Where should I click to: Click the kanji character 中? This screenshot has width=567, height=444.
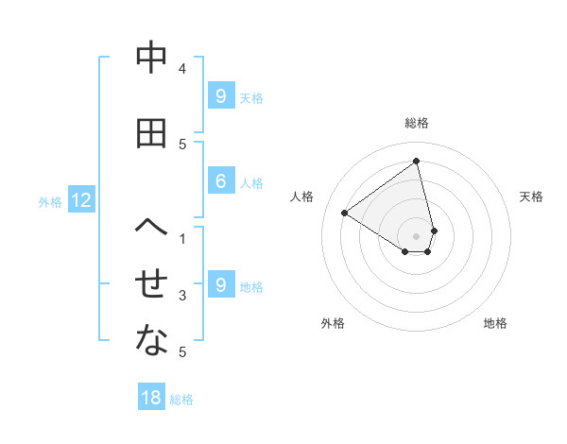pyautogui.click(x=151, y=60)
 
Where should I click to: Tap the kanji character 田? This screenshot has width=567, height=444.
pyautogui.click(x=151, y=133)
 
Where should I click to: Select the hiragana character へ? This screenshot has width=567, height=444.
pyautogui.click(x=151, y=228)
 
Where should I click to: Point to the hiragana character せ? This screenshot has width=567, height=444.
pyautogui.click(x=151, y=284)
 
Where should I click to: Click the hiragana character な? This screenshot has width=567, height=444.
pyautogui.click(x=151, y=341)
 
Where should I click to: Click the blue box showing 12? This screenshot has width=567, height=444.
pyautogui.click(x=80, y=200)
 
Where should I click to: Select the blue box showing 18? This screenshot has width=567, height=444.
pyautogui.click(x=151, y=398)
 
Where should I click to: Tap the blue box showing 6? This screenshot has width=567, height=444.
pyautogui.click(x=220, y=182)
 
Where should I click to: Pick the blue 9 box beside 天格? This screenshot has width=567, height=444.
pyautogui.click(x=220, y=96)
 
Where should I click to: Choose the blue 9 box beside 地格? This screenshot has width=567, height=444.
pyautogui.click(x=220, y=285)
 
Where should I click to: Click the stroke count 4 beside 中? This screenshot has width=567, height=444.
pyautogui.click(x=182, y=69)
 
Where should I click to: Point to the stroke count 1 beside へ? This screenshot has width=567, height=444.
pyautogui.click(x=182, y=238)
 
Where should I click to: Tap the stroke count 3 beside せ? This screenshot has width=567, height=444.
pyautogui.click(x=182, y=296)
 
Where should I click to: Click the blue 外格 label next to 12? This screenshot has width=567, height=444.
pyautogui.click(x=50, y=201)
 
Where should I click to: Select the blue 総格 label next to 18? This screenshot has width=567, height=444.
pyautogui.click(x=181, y=400)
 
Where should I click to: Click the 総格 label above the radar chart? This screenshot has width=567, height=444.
pyautogui.click(x=417, y=123)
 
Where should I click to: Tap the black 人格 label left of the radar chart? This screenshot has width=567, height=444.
pyautogui.click(x=302, y=196)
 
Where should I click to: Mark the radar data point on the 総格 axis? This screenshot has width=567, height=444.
pyautogui.click(x=417, y=162)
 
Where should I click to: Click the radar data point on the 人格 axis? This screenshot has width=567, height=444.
pyautogui.click(x=345, y=213)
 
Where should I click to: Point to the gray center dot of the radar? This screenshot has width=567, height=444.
pyautogui.click(x=417, y=235)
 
